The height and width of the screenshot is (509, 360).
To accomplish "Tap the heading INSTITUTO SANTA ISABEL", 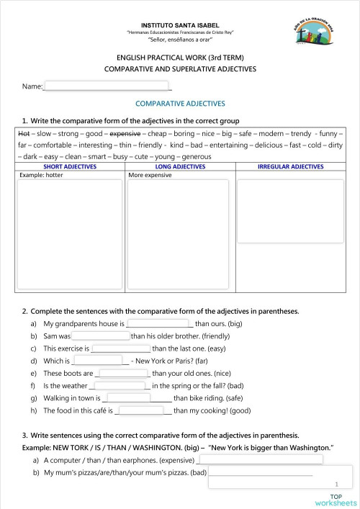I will (180, 25).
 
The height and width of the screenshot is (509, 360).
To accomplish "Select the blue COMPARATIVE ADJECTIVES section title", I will (180, 104).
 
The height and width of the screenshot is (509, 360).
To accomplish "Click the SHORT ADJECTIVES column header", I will (70, 166).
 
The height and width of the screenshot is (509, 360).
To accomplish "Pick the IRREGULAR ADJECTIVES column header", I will (290, 166).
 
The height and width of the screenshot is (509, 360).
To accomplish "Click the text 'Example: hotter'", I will (42, 175).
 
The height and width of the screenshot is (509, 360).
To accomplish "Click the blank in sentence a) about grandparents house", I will (160, 324).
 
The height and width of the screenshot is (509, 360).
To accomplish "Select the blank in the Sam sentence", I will (100, 336).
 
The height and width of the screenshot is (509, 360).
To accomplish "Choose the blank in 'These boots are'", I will (122, 374).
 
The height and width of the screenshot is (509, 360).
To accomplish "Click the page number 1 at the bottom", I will (336, 485).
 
